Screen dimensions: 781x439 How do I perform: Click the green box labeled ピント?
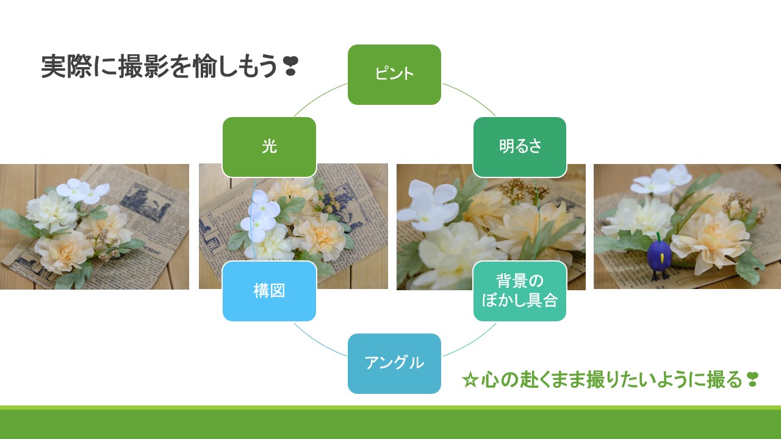(394, 74)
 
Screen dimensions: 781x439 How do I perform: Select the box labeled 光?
(269, 147)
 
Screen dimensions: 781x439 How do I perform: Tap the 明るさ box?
(519, 147)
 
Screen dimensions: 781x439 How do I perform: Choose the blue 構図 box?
(269, 291)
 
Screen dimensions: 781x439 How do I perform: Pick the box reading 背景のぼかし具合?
(519, 291)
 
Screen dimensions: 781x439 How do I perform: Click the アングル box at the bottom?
(394, 363)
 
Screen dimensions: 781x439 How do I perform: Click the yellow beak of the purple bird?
(662, 259)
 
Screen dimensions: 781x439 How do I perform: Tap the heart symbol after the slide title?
(290, 66)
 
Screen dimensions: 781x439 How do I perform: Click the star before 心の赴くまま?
(470, 380)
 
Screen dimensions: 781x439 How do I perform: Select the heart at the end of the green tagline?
(752, 380)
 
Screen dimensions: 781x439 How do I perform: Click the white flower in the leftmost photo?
(83, 191)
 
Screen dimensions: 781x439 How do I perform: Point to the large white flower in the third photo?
(428, 205)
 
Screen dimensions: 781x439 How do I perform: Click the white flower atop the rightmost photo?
(661, 180)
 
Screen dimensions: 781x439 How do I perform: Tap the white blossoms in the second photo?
(260, 216)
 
